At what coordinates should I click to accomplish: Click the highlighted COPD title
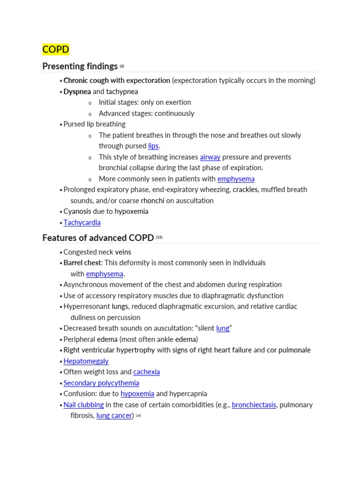pyautogui.click(x=55, y=49)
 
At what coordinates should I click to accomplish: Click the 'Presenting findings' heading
pyautogui.click(x=80, y=66)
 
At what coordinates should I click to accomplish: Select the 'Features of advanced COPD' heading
pyautogui.click(x=98, y=238)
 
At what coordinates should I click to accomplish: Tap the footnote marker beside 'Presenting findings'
pyautogui.click(x=122, y=66)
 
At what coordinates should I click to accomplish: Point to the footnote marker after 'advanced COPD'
pyautogui.click(x=159, y=237)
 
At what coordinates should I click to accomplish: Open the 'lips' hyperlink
pyautogui.click(x=153, y=146)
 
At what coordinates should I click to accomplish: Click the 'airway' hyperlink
pyautogui.click(x=210, y=157)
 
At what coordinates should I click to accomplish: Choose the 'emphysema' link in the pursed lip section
pyautogui.click(x=236, y=179)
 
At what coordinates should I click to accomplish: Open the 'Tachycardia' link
pyautogui.click(x=82, y=223)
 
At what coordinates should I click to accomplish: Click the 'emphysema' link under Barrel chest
pyautogui.click(x=105, y=274)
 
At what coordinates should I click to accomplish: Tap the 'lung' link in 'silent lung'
pyautogui.click(x=223, y=329)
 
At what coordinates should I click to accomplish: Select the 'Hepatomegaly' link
pyautogui.click(x=86, y=361)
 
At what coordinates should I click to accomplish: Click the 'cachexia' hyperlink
pyautogui.click(x=146, y=372)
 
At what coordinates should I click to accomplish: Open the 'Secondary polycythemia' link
pyautogui.click(x=101, y=383)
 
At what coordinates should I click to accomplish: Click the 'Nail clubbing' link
pyautogui.click(x=83, y=405)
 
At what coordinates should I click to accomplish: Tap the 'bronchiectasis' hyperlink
pyautogui.click(x=254, y=405)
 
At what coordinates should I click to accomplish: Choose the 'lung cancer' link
pyautogui.click(x=114, y=416)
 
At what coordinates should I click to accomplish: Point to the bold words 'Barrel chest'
pyautogui.click(x=82, y=263)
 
